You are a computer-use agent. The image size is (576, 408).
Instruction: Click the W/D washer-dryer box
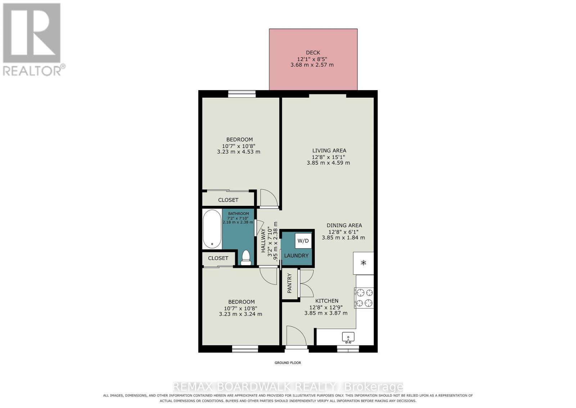coord(303,241)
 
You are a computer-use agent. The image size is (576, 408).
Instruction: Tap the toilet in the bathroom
coord(246,257)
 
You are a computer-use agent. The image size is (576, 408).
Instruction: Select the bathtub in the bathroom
coord(212,229)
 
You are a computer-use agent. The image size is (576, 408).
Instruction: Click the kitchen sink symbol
coord(348,337)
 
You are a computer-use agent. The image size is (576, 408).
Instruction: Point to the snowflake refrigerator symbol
coord(363,263)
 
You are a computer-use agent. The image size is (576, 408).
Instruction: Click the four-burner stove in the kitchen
coord(364,298)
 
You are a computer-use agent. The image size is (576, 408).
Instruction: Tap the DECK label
coord(313,53)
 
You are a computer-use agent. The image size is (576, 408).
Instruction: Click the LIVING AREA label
coord(329,151)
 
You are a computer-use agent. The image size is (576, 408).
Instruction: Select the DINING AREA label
coord(344,225)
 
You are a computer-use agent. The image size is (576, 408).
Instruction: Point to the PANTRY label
coord(289,283)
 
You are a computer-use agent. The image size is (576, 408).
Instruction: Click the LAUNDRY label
coord(296,256)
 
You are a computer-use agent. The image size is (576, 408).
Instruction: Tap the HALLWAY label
coord(263,240)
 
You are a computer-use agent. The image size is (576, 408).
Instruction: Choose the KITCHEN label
coord(327,301)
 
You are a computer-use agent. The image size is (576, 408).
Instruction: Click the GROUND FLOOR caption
coord(288,363)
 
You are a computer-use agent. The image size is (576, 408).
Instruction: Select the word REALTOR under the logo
coord(32,71)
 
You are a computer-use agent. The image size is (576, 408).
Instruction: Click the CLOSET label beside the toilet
coord(218,258)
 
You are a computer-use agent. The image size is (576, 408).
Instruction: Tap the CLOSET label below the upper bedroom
coord(228,200)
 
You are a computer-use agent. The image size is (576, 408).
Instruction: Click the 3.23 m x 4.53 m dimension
coord(239,152)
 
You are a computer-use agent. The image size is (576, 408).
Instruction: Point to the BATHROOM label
coord(238,214)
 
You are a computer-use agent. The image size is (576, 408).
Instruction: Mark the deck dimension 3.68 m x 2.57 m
coord(312,65)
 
